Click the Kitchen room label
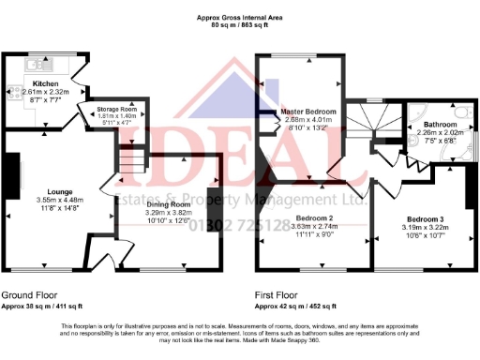coord(48,82)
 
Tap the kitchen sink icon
coord(37,65)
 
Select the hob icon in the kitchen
coord(14,92)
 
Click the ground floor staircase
coord(131,165)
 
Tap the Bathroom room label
coord(440,125)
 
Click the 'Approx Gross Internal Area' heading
coord(240,17)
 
